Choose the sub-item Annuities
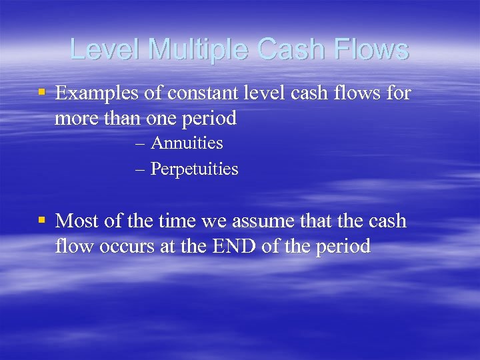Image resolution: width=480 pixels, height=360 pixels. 187,143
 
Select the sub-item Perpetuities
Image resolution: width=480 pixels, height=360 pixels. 194,169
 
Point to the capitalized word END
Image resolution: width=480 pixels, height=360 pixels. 230,246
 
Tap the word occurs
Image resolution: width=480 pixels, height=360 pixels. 127,246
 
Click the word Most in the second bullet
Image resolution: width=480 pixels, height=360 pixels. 77,221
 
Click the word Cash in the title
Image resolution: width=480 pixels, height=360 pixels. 285,50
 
